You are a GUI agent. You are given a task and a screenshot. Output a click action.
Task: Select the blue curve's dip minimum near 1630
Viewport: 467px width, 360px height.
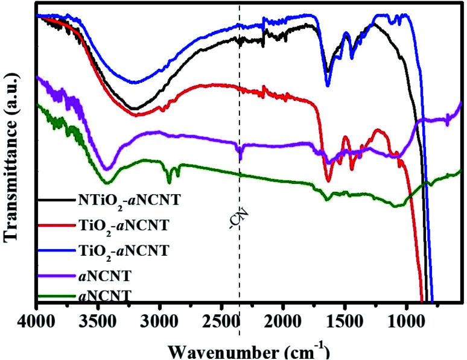point(328,85)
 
